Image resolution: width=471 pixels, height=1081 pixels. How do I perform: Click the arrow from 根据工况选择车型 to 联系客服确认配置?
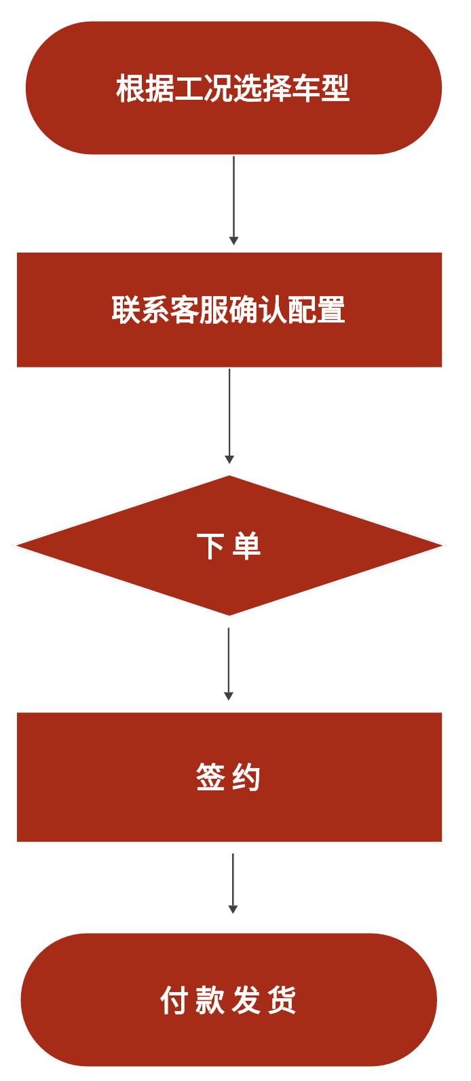(233, 200)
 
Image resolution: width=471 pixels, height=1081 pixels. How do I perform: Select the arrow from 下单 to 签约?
(229, 663)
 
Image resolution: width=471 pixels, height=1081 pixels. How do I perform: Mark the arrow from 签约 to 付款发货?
(233, 883)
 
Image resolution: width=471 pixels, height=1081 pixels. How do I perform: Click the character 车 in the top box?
(306, 89)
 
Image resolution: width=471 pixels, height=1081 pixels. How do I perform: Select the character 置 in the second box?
(331, 310)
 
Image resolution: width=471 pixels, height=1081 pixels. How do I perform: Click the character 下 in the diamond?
(210, 546)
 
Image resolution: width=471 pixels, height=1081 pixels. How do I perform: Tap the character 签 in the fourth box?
(210, 777)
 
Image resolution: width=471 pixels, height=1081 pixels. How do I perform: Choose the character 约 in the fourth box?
(246, 777)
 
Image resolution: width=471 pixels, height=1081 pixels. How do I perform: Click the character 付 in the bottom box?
(174, 1000)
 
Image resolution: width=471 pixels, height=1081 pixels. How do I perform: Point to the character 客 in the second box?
(185, 310)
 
